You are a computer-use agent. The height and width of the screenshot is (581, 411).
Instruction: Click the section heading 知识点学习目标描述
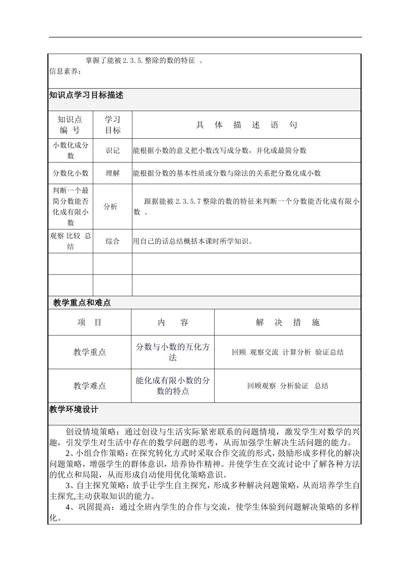coord(86,95)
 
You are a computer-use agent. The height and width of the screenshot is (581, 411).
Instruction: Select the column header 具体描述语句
coord(247,125)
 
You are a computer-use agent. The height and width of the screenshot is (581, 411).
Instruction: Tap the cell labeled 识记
coord(112,150)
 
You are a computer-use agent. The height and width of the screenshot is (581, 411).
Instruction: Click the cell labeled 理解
coord(112,173)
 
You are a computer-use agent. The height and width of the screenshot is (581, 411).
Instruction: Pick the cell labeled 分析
coord(110,207)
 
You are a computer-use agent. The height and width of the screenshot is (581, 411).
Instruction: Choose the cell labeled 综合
coord(112,241)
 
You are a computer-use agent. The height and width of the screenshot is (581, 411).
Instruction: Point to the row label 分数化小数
coord(71,173)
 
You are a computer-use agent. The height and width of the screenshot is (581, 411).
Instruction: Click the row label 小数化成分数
coord(71,150)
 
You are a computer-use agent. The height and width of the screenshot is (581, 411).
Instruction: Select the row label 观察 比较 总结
coord(71,241)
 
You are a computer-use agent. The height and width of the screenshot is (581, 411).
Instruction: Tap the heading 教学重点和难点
coord(82,303)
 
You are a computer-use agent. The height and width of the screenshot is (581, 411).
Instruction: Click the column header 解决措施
coord(288,322)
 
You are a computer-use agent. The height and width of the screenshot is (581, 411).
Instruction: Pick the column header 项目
coord(90,322)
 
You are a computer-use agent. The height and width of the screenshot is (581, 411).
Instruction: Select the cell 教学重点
coord(90,352)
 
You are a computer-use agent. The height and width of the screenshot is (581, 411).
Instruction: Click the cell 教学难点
coord(90,386)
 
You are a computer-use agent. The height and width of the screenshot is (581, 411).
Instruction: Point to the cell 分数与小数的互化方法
coord(173,352)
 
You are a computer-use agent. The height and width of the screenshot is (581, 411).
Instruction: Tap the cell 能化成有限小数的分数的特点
coord(173,386)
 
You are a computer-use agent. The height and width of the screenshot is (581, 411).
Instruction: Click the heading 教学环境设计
coord(74,409)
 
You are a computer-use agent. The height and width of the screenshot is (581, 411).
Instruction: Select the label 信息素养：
coord(65,71)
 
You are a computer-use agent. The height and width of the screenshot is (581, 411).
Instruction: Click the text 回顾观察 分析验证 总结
coord(288,386)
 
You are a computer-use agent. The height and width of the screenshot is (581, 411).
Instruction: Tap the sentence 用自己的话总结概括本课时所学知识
coord(193,241)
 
